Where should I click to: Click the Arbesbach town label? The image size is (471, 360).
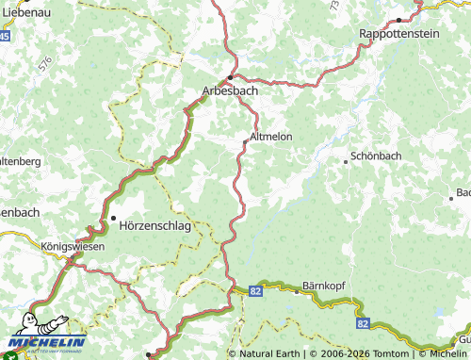tap(231, 92)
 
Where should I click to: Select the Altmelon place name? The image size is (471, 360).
tap(271, 137)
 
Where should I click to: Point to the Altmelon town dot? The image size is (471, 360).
tap(246, 142)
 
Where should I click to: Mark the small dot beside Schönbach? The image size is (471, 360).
tap(346, 162)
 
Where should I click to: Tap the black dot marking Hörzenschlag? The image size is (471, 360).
tap(114, 219)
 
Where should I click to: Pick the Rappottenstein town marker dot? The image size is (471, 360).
tap(399, 19)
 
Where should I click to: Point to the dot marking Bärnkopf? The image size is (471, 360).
tap(297, 291)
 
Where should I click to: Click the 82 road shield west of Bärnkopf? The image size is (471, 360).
tap(256, 293)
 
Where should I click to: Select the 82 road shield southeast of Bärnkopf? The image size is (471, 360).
tap(363, 323)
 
